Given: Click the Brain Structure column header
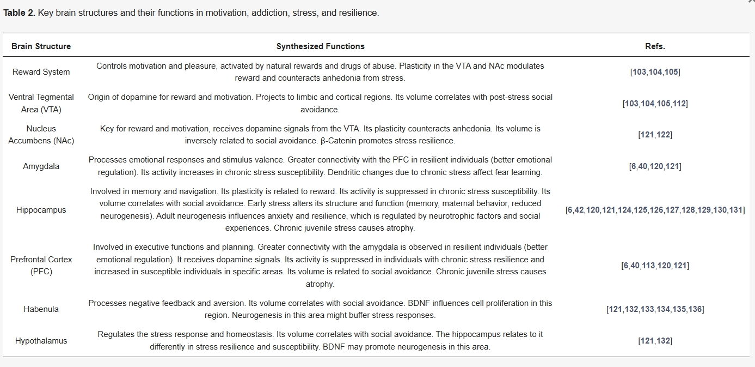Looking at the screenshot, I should [x=41, y=46].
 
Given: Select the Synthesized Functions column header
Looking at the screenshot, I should [x=320, y=46].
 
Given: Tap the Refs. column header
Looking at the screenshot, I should [x=655, y=46].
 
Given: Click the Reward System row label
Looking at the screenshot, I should [x=41, y=72].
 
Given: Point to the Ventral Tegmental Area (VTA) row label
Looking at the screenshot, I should [x=41, y=103].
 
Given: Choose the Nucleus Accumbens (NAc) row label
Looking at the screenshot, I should [x=41, y=135].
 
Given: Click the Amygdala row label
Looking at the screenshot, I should [x=41, y=166].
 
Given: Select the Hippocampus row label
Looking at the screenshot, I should [x=41, y=210].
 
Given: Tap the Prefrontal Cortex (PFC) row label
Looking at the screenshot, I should [x=41, y=266].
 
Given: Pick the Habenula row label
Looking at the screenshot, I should [x=41, y=309].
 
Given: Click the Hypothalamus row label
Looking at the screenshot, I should [x=41, y=341].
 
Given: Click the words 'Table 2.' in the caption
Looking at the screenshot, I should [x=19, y=13].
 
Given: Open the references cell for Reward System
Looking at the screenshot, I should [x=655, y=72].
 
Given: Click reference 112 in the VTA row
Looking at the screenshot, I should [x=679, y=104].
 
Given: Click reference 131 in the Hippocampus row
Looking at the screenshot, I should [x=736, y=210].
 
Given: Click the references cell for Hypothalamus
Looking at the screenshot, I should [x=655, y=341].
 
